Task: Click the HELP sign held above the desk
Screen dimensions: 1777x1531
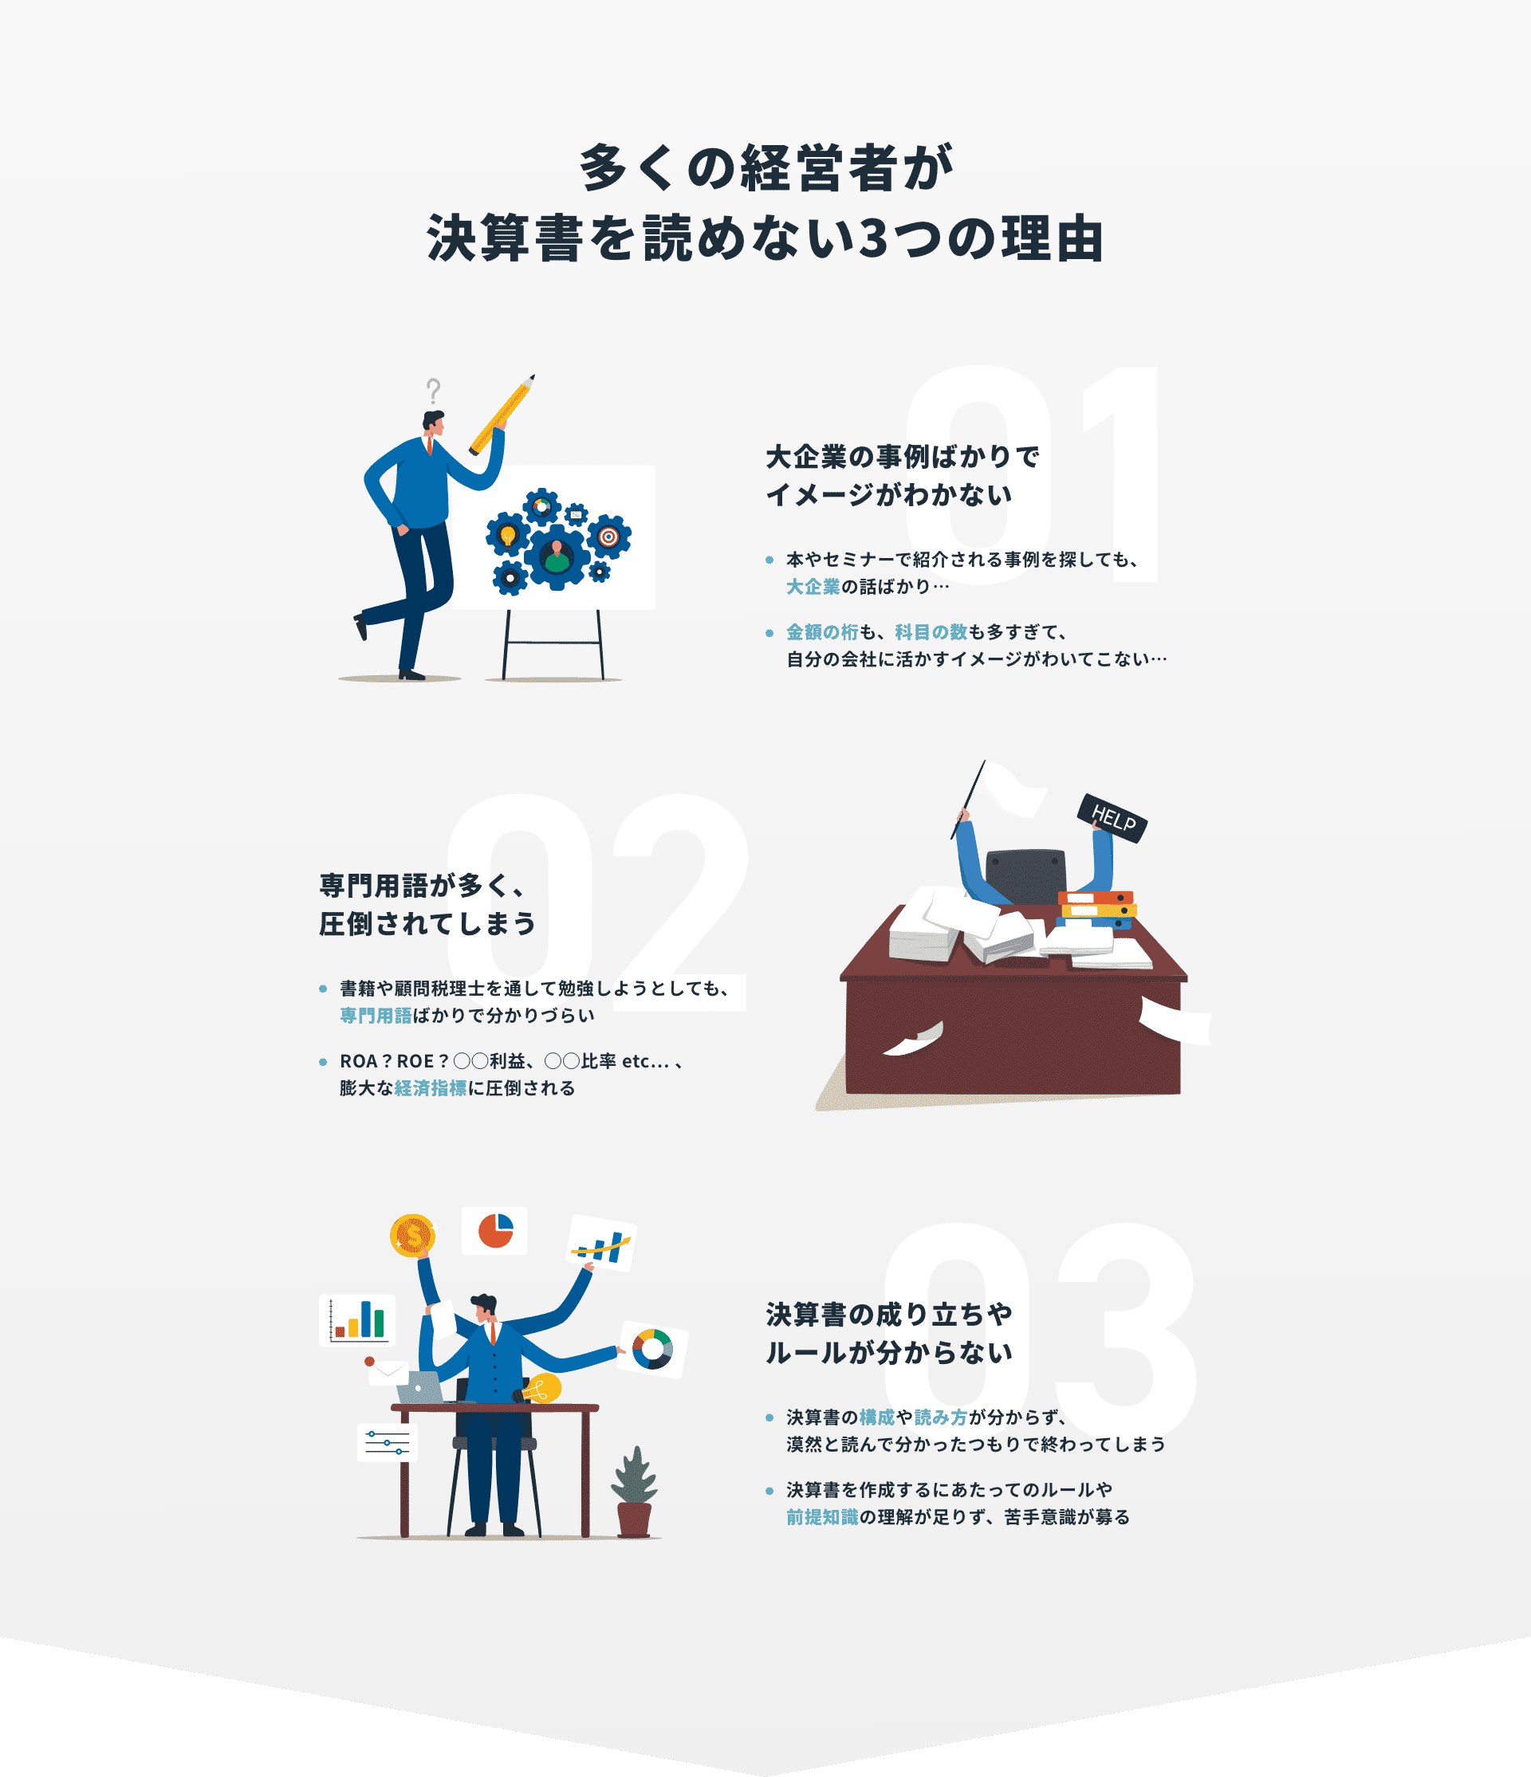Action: (x=1112, y=818)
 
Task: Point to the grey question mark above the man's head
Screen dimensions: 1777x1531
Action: (x=434, y=391)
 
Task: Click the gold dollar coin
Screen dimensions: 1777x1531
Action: (x=412, y=1236)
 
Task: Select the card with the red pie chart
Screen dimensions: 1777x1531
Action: (x=495, y=1231)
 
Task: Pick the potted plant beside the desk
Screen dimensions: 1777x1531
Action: (x=634, y=1492)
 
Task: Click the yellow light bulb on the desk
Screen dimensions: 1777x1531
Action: (x=542, y=1389)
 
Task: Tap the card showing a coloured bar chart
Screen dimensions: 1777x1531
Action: (x=356, y=1320)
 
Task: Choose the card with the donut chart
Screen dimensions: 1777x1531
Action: (x=653, y=1350)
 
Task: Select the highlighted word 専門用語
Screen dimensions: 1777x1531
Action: (x=376, y=1016)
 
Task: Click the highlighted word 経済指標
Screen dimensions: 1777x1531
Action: (x=431, y=1088)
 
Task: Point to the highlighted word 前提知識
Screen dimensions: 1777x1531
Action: (x=821, y=1517)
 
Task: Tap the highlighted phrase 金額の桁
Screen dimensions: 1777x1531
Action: (x=821, y=632)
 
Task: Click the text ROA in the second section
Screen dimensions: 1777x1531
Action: (x=358, y=1061)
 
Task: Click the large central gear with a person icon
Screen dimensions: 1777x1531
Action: (x=557, y=556)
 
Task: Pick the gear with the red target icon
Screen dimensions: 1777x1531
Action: (x=608, y=537)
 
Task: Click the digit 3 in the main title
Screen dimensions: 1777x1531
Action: (x=872, y=238)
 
